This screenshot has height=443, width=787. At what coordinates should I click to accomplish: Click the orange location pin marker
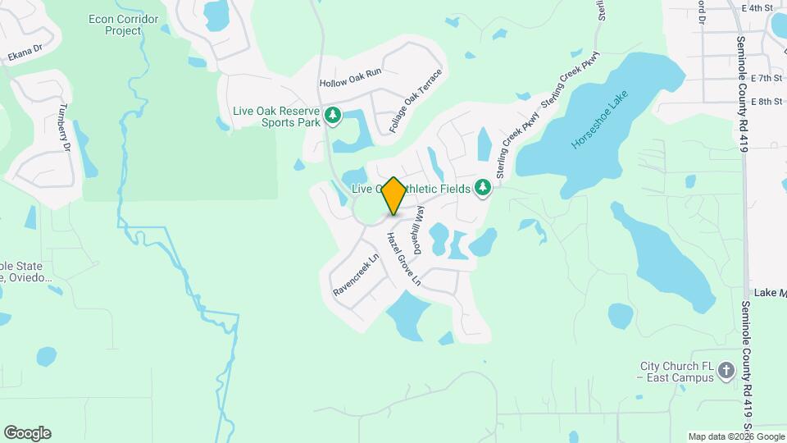click(393, 195)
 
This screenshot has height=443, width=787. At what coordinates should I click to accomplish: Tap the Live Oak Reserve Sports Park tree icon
click(333, 116)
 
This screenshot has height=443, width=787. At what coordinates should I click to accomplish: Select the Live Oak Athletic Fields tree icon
click(484, 189)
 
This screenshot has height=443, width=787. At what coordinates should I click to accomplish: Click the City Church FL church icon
click(726, 371)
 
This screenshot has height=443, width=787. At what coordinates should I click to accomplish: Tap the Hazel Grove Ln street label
click(403, 258)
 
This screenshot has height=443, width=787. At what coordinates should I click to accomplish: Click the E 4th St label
click(757, 8)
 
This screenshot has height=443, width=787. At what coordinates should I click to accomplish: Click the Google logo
click(27, 433)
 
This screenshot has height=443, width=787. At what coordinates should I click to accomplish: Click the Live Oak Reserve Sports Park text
click(278, 116)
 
